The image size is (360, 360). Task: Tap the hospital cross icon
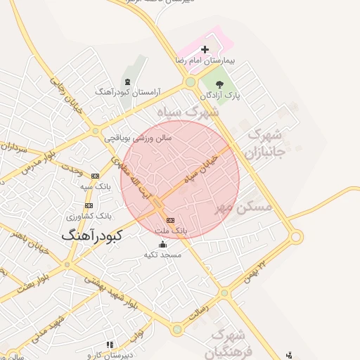[205, 49]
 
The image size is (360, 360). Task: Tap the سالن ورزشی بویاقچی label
[139, 138]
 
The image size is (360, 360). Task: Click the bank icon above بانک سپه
[96, 176]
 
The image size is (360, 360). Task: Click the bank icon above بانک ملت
[169, 220]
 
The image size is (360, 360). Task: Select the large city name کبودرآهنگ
[91, 236]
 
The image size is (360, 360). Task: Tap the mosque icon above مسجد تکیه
[163, 245]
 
